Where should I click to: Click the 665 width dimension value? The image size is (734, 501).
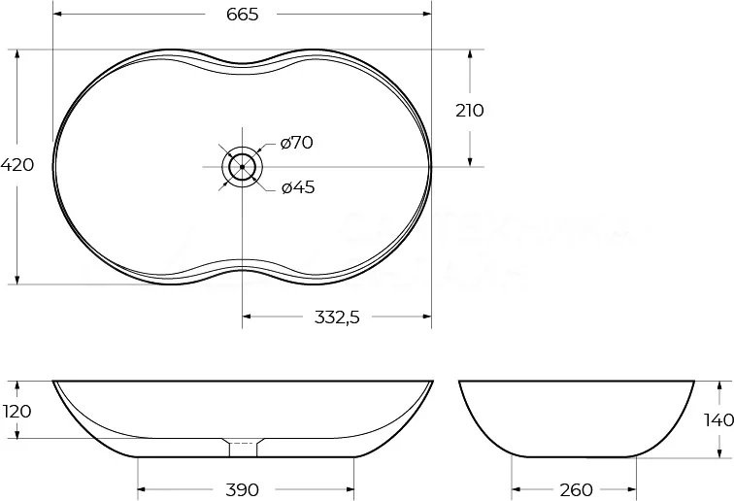pos(241,14)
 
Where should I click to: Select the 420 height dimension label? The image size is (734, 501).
pos(17,165)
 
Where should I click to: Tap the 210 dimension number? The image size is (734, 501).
pos(469,110)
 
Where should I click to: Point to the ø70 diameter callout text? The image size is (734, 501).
pos(296,143)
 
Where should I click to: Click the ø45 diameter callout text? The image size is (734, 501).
pos(297,187)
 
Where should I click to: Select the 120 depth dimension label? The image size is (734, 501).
pos(17,411)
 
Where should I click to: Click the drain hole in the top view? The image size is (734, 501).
pos(242,167)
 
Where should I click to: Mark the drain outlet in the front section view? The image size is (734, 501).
pos(242,449)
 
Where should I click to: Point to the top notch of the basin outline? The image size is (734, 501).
pos(242,66)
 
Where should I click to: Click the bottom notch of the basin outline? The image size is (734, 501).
pos(242,268)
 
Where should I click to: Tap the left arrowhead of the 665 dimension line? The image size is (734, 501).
pos(56,15)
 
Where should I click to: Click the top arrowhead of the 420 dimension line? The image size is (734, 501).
pos(17,54)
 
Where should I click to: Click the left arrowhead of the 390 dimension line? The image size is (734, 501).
pos(142,489)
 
